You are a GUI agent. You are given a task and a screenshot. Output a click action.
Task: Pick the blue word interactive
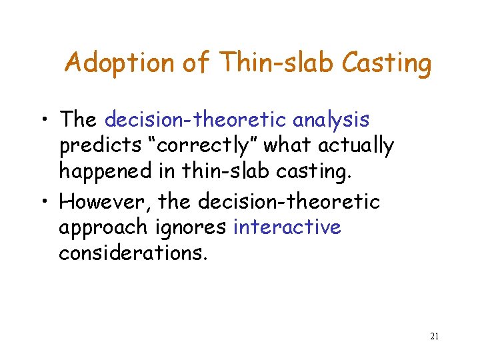[287, 227]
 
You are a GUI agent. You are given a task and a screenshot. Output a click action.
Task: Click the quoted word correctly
[214, 146]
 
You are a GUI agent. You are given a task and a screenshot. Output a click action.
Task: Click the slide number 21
[433, 336]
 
